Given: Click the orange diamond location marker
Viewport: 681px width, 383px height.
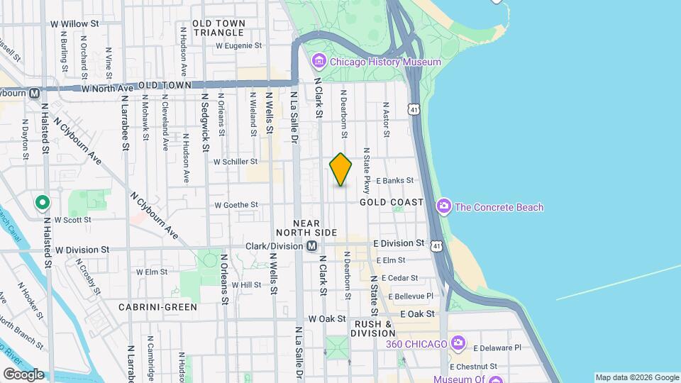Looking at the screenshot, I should click(x=340, y=170).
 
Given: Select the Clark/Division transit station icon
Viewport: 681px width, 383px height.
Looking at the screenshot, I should click(x=311, y=246).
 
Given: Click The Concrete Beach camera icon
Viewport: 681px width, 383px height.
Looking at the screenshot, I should click(x=444, y=207).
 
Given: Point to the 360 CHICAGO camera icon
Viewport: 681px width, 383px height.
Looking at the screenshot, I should click(x=458, y=344).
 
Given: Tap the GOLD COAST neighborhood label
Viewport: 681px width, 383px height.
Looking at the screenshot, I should click(x=392, y=202).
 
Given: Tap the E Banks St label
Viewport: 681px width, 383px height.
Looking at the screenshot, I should click(x=394, y=180).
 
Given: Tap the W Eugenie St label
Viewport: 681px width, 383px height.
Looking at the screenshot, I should click(x=239, y=45).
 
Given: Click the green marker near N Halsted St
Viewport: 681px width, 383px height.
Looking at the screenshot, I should click(x=42, y=204).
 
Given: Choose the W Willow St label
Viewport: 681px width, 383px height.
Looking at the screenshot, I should click(x=74, y=23).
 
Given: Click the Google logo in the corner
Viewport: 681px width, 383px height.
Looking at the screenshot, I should click(x=23, y=374).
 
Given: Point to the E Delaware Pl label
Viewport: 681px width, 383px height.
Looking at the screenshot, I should click(x=497, y=348).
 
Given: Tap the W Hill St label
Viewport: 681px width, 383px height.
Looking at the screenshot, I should click(x=247, y=285).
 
